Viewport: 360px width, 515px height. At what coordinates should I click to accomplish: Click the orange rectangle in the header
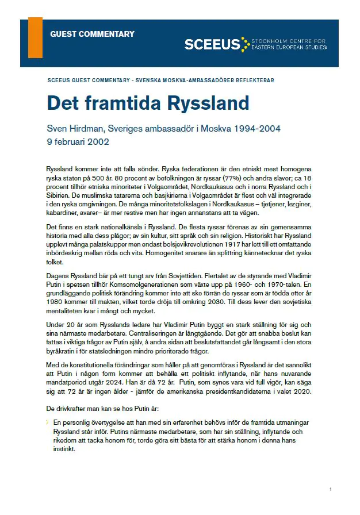point(35,37)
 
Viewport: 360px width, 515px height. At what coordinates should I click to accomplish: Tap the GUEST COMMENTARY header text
point(92,34)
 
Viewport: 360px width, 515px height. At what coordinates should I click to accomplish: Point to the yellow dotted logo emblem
point(246,44)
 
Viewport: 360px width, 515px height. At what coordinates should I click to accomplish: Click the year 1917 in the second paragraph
point(225,245)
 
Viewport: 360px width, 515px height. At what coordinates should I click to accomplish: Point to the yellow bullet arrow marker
point(48,422)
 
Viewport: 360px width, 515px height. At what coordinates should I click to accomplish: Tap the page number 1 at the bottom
point(331,489)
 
